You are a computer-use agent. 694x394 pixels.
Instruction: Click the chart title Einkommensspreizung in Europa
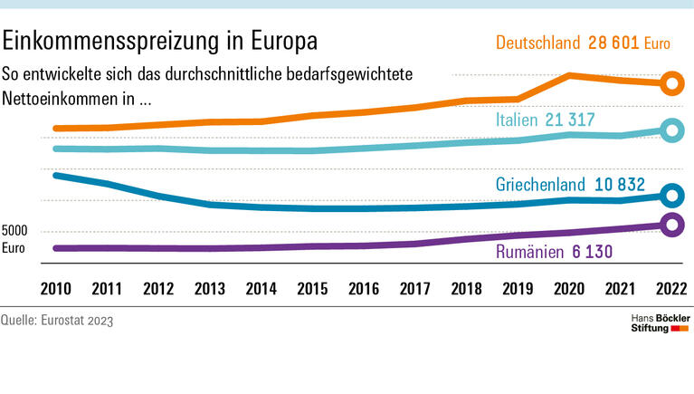(161, 43)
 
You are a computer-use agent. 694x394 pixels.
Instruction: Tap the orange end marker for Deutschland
(670, 84)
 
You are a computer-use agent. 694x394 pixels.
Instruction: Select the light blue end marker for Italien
(670, 130)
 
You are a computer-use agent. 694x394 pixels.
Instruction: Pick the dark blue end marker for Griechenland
(670, 195)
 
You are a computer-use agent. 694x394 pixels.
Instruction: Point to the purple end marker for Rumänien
(670, 226)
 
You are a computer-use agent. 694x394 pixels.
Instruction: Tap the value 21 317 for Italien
(569, 120)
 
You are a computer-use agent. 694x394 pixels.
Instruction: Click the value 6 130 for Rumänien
(592, 250)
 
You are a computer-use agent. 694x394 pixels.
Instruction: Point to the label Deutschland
(539, 43)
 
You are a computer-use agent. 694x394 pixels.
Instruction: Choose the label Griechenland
(541, 184)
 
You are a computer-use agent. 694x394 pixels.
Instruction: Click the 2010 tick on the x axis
(55, 289)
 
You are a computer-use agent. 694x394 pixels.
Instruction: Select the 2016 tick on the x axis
(363, 289)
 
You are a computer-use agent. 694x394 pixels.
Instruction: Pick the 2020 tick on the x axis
(568, 289)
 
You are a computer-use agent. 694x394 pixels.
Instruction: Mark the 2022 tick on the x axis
(670, 289)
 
